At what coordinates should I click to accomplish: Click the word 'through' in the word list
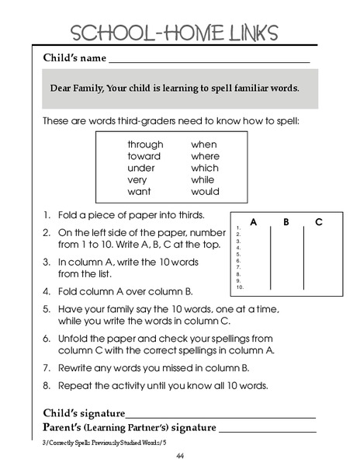coord(145,144)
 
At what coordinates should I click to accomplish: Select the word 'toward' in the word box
coord(144,156)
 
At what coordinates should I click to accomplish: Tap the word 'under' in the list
coord(141,168)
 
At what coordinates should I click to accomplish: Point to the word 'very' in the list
coord(137,179)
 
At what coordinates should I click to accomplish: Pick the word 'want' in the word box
coord(139,191)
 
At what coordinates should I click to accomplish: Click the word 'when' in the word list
coord(204,144)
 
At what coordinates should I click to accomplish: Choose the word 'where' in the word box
coord(206,156)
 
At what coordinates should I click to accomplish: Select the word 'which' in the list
coord(205,168)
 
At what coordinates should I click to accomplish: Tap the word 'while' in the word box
coord(202,179)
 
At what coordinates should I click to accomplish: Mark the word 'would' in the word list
coord(205,191)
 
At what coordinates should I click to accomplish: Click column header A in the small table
coord(254,222)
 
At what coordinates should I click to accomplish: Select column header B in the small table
coord(286,222)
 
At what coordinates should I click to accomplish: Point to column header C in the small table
coord(318,222)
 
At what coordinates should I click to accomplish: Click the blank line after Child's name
coord(209,61)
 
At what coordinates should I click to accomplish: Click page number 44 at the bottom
coord(180,456)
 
